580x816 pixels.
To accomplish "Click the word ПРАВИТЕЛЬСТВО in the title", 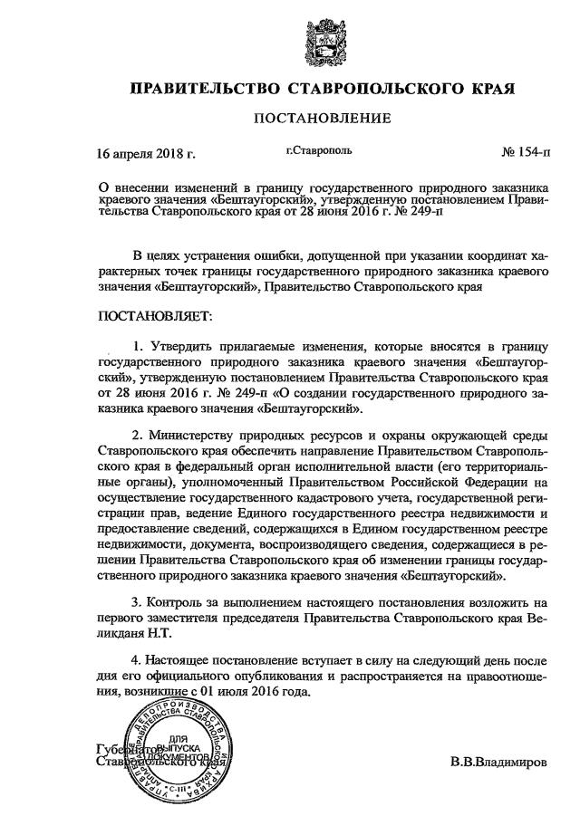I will (x=206, y=90).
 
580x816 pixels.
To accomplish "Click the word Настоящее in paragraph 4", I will (x=181, y=661).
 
